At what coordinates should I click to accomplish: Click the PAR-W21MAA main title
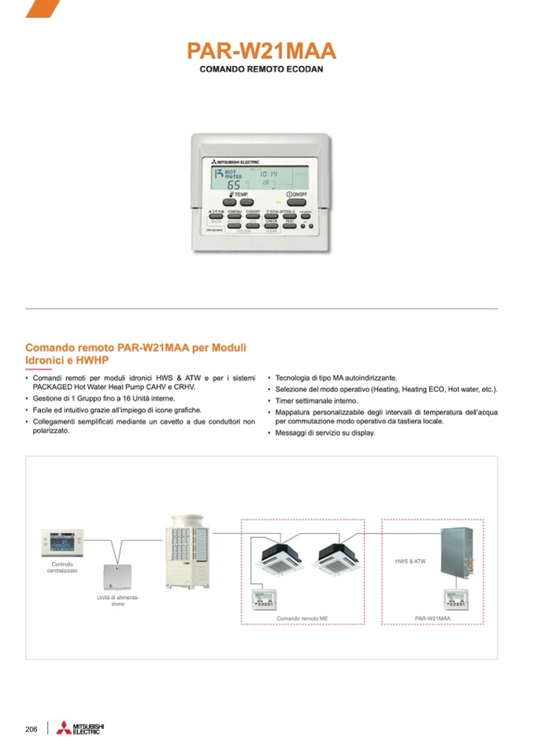click(261, 52)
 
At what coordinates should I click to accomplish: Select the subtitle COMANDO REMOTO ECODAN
click(261, 70)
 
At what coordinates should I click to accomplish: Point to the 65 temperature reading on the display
click(235, 184)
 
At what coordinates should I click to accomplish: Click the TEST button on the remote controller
click(290, 223)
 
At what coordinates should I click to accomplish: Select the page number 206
click(32, 729)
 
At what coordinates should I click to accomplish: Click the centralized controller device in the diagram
click(62, 542)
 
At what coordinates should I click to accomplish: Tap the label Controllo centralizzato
click(62, 567)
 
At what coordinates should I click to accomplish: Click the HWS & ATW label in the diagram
click(410, 561)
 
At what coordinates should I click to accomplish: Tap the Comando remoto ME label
click(302, 619)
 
